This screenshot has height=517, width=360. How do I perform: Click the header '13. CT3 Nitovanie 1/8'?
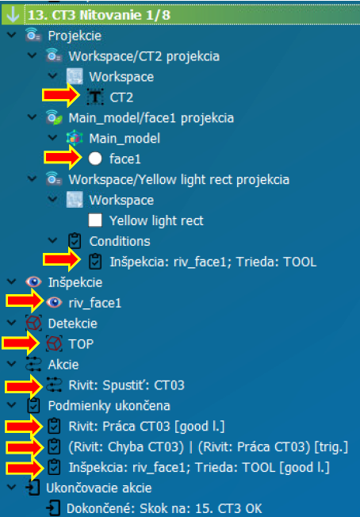[x=99, y=15]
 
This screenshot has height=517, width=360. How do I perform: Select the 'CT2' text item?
[x=121, y=98]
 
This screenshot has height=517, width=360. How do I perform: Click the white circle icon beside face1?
[x=95, y=159]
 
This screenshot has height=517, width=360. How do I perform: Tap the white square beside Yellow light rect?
[x=95, y=220]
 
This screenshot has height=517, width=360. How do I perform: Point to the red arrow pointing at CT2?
[x=61, y=96]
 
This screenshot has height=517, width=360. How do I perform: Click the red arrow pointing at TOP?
[x=21, y=344]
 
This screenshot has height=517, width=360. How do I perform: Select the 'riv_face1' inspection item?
[x=95, y=303]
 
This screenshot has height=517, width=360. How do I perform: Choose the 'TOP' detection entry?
[x=81, y=344]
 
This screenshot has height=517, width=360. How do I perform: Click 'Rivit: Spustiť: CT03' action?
[x=126, y=385]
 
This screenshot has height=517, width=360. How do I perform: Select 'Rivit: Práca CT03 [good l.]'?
[x=147, y=427]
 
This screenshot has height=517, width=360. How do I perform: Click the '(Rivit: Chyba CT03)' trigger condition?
[x=126, y=447]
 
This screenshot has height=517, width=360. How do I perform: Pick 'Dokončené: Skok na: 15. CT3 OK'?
[x=164, y=509]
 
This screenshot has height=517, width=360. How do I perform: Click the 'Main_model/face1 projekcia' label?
[x=151, y=118]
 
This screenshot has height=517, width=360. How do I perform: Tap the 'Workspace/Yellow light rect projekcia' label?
[x=179, y=180]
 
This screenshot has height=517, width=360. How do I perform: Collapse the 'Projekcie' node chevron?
[x=12, y=35]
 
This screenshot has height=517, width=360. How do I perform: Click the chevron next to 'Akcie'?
[x=12, y=364]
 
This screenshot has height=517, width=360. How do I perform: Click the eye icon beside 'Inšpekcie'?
[x=33, y=282]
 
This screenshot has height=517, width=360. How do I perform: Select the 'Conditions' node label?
[x=120, y=241]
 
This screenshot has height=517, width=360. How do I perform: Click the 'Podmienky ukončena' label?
[x=109, y=406]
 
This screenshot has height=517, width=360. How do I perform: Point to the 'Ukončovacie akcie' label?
[x=99, y=488]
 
